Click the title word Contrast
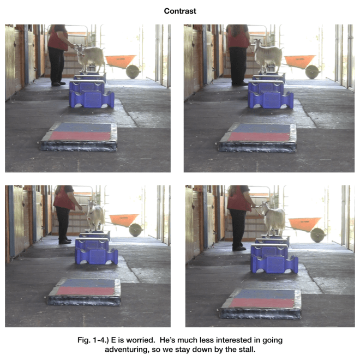point(180,11)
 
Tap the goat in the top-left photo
point(91,57)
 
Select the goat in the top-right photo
point(268,55)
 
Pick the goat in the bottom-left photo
point(95,215)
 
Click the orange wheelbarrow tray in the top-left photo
point(121,61)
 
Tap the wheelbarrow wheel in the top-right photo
point(312,72)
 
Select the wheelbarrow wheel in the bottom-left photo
point(135,230)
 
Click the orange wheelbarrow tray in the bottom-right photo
point(304,224)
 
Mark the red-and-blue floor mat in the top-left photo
point(79,136)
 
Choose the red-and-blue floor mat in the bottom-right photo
point(261,304)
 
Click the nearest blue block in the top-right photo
point(271,100)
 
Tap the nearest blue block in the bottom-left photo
point(97,256)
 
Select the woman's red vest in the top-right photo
point(238,38)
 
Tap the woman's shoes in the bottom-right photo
point(239,249)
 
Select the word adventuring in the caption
point(126,350)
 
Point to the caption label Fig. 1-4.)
point(93,340)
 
